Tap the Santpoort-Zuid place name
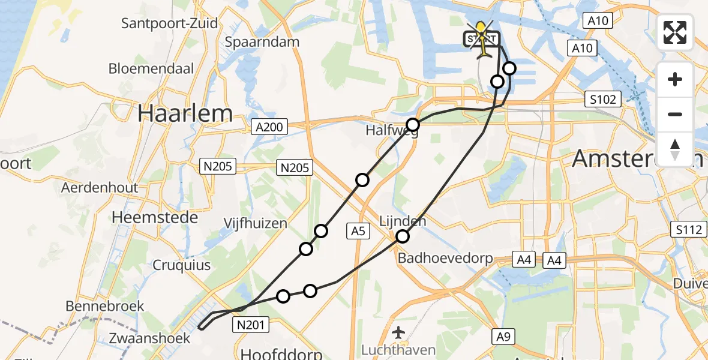[x=169, y=24]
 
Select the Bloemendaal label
[x=151, y=68]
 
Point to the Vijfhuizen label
[x=255, y=223]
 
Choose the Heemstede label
[x=155, y=217]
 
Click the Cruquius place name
[x=181, y=265]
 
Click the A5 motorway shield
[x=359, y=230]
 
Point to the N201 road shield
[x=251, y=325]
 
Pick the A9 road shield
[x=504, y=337]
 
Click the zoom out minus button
[x=675, y=114]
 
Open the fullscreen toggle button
[x=675, y=32]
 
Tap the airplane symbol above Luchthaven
[x=399, y=331]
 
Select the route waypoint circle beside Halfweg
[x=413, y=125]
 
